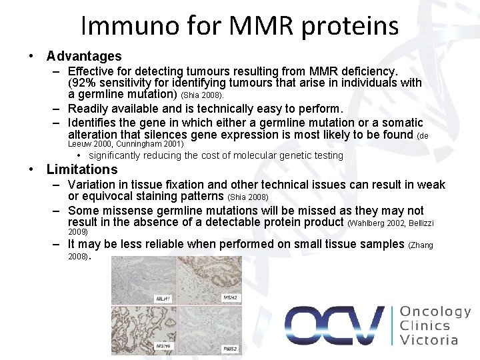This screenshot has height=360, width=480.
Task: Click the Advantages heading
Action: coord(84,56)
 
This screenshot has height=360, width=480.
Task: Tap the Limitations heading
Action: coord(81,169)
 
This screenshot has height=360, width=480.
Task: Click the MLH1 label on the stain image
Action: coord(163,299)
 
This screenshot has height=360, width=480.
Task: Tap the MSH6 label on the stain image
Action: coord(163,347)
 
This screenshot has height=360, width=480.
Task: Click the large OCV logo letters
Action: coord(333,325)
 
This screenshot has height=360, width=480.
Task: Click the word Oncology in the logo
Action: coord(435,312)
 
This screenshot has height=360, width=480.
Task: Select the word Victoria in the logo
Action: coord(429,340)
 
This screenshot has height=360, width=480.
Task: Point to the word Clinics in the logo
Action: coord(425,326)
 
